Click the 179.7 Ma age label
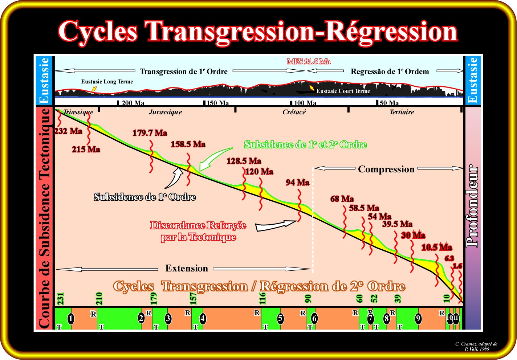(x=150, y=133)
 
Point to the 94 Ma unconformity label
(x=297, y=183)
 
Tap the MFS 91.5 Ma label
(x=309, y=61)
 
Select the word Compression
(x=386, y=169)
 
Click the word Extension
(x=187, y=268)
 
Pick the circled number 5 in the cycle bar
(x=280, y=319)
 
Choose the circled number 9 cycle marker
(x=418, y=319)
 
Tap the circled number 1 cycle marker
(x=71, y=319)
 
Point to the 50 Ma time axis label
(x=389, y=103)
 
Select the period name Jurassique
(x=165, y=112)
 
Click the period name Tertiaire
(x=402, y=112)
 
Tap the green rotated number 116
(x=262, y=298)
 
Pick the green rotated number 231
(x=61, y=299)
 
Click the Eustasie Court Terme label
(x=343, y=91)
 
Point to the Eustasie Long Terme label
(x=107, y=82)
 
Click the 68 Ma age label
(x=342, y=199)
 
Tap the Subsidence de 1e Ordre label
(x=145, y=197)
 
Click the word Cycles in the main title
(x=98, y=32)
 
